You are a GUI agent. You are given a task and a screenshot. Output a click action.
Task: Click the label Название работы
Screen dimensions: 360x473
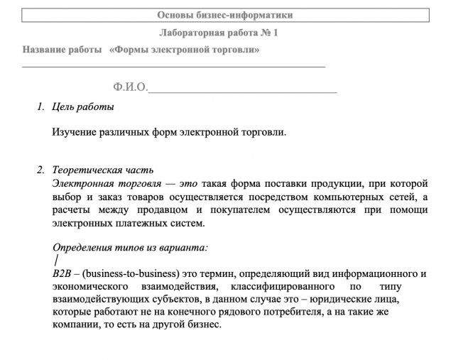point(62,50)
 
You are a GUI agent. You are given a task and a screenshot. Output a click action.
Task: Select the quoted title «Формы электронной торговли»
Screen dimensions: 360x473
point(185,50)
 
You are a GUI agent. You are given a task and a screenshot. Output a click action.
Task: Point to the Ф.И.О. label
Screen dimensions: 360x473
point(130,87)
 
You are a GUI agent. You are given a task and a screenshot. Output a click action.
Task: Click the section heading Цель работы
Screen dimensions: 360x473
point(83,107)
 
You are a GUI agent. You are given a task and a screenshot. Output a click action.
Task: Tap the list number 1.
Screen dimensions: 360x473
point(40,107)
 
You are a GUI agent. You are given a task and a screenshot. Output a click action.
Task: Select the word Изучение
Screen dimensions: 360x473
point(75,131)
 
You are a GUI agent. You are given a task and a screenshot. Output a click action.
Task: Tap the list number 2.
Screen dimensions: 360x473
point(40,170)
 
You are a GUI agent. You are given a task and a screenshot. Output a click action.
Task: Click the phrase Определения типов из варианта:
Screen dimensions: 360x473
point(130,248)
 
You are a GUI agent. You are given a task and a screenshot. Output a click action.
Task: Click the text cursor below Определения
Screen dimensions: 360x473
point(55,261)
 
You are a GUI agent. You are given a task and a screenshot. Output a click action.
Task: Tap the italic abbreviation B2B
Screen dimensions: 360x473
point(62,273)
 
